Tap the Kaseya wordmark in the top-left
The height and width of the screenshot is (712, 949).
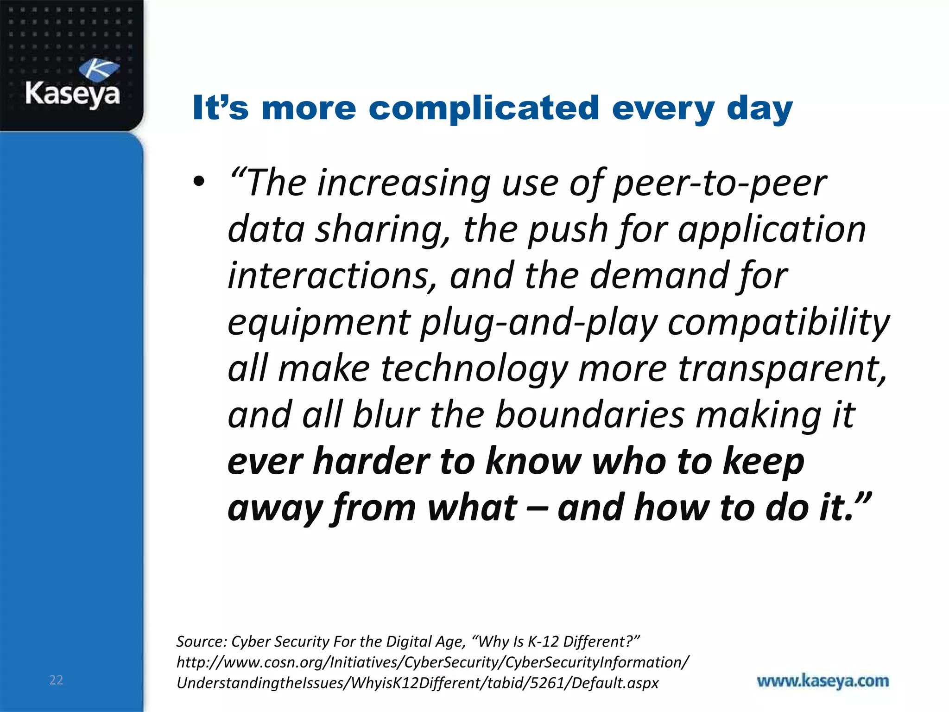click(73, 94)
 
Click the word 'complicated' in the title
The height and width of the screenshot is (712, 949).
click(484, 108)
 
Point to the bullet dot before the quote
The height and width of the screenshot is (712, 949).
click(199, 182)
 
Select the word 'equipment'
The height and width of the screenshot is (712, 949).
click(319, 323)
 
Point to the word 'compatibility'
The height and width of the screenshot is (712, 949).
click(778, 323)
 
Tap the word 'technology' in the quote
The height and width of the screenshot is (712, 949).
click(474, 369)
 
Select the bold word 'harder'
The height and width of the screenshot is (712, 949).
click(372, 462)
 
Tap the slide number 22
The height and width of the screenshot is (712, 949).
click(56, 680)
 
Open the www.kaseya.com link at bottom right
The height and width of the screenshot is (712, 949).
click(822, 681)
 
